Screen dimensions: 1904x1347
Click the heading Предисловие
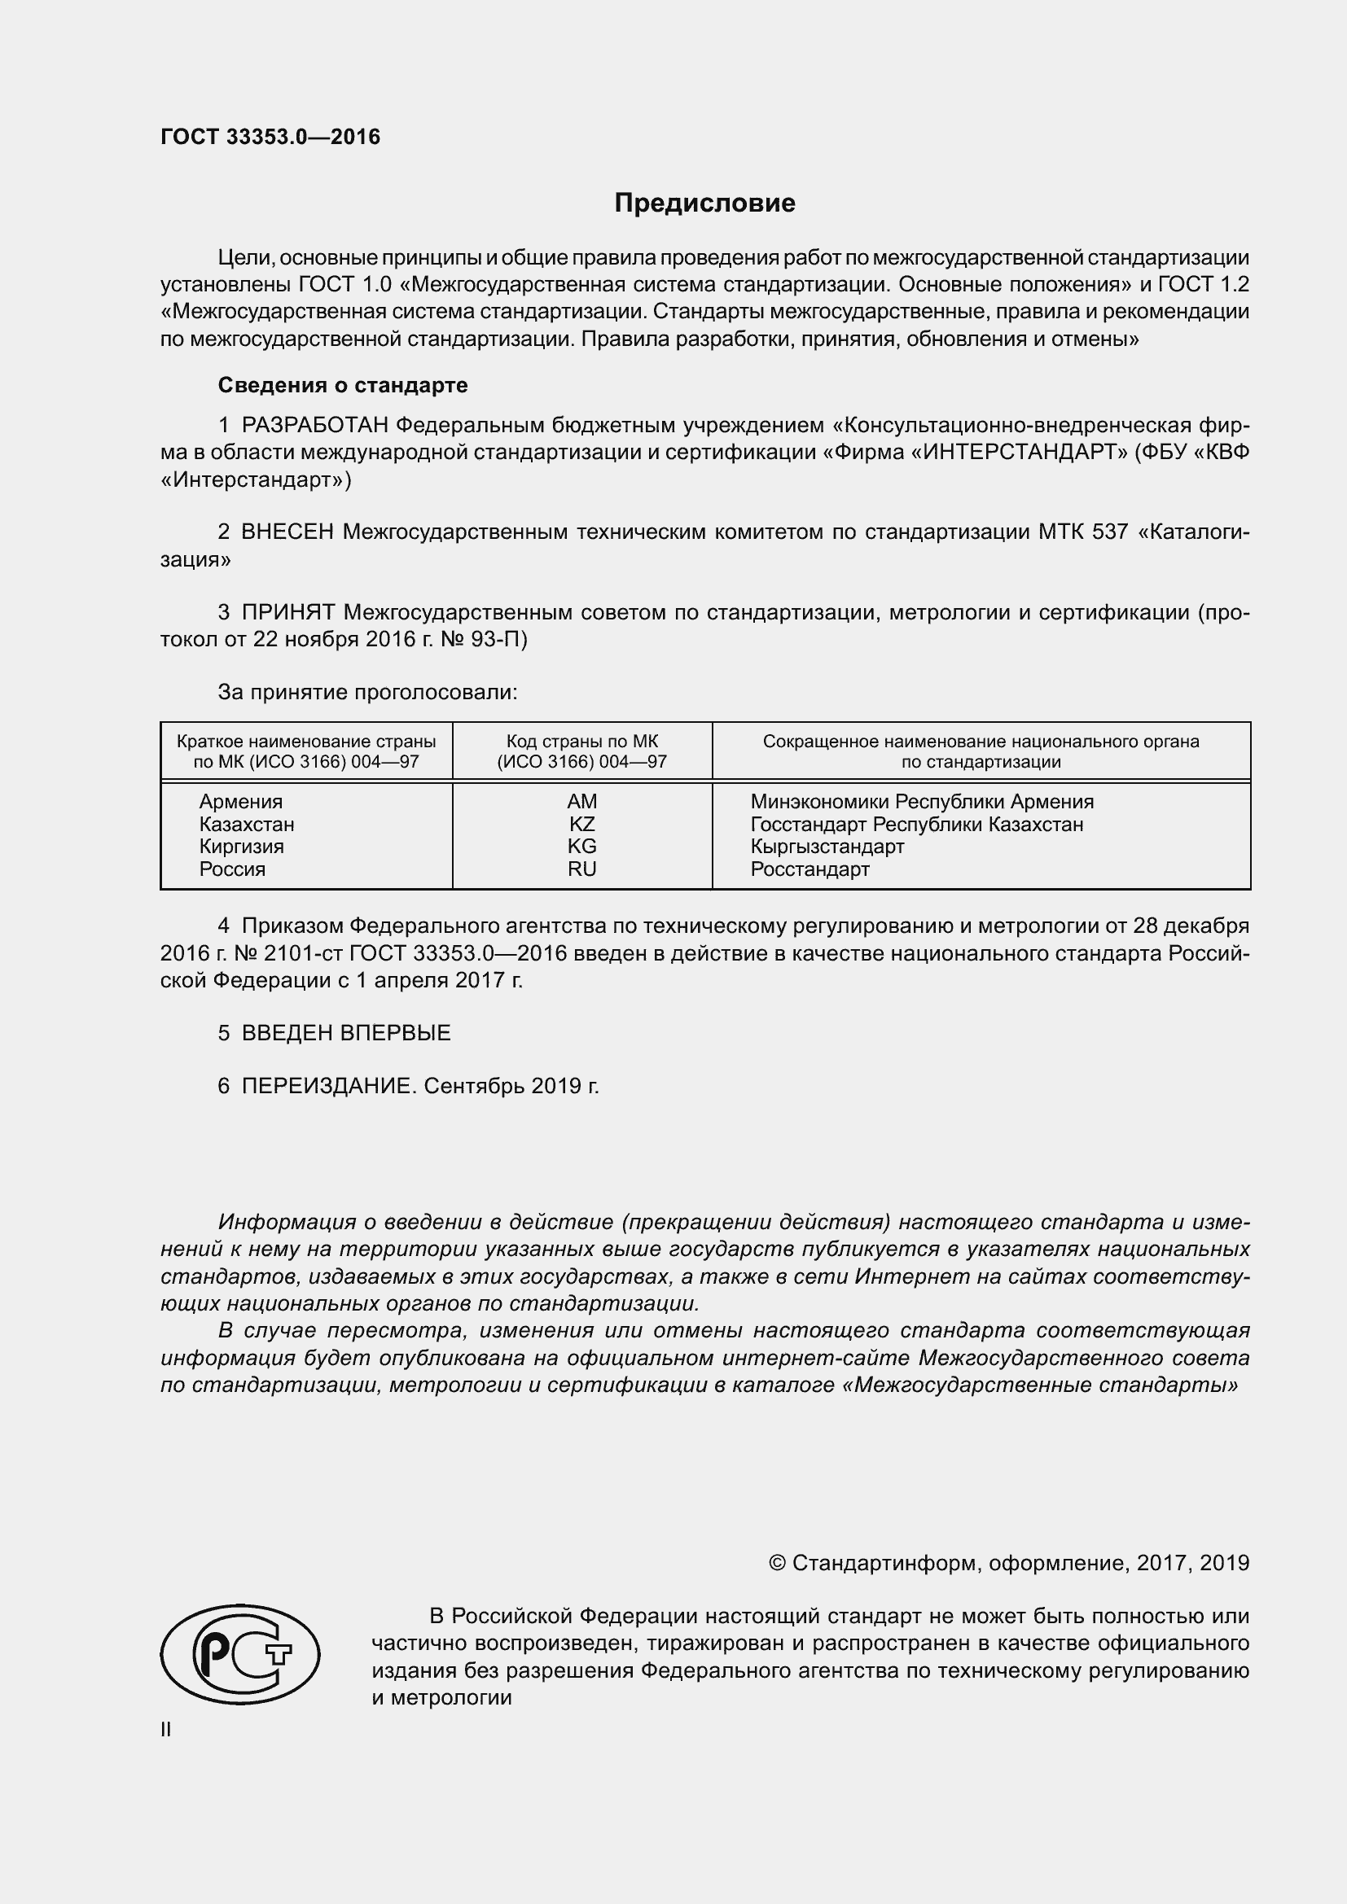(x=704, y=204)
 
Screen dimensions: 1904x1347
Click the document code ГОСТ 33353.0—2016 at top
(x=270, y=138)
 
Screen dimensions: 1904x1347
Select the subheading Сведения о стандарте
(x=343, y=385)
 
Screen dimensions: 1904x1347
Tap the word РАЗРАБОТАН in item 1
(x=314, y=426)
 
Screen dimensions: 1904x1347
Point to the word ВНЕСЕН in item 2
(x=287, y=532)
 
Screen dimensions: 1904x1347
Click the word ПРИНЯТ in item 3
(x=287, y=613)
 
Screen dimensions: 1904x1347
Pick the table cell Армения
(x=240, y=802)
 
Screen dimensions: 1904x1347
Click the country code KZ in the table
(x=581, y=825)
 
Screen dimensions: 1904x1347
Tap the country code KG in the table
(x=581, y=847)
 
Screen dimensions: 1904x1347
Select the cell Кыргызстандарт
(x=827, y=847)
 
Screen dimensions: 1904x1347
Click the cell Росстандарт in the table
(x=810, y=869)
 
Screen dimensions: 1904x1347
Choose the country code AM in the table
(x=581, y=802)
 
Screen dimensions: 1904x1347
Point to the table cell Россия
(x=232, y=869)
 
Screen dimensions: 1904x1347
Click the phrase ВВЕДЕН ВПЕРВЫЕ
(x=346, y=1033)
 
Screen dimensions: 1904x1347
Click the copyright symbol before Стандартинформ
(x=777, y=1563)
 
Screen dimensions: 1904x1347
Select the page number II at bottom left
(x=166, y=1729)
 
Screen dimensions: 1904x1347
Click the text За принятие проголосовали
(x=367, y=692)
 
